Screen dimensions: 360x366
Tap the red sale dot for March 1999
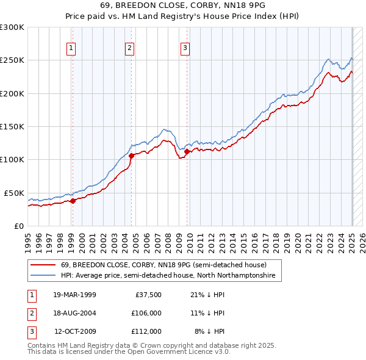[73, 201]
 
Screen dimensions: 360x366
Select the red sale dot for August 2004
[131, 156]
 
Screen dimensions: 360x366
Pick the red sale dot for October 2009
[187, 152]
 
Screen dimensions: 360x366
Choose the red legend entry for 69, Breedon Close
[163, 265]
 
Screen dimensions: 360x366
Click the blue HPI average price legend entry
[168, 276]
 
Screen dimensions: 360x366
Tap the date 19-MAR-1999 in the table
[74, 295]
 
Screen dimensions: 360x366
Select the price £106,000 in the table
[146, 313]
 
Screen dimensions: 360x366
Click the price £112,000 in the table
[146, 331]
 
